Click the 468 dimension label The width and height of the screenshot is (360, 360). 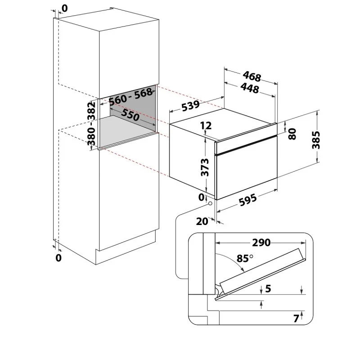pos(252,76)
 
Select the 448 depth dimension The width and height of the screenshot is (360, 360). pos(250,88)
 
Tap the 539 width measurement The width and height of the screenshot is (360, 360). pos(190,105)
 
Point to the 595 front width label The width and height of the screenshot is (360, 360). pos(248,200)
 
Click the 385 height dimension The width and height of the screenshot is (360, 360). pos(316,140)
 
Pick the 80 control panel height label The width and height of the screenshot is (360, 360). pos(292,134)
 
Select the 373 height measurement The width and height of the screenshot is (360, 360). pos(205,167)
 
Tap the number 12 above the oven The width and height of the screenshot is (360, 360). pos(206,126)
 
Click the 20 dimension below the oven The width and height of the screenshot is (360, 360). pos(202,221)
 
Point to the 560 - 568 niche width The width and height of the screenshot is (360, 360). pos(130,96)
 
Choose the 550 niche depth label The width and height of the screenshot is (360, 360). pos(130,115)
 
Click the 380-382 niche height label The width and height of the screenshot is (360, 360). pos(91,124)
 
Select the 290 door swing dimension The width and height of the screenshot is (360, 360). pos(261,243)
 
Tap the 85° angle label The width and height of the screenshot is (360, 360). pos(245,258)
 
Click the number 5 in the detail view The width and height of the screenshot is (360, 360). pos(268,288)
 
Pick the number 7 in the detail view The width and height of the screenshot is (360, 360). pos(297,319)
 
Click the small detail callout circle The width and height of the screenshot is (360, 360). pos(210,204)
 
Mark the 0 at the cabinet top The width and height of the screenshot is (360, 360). pos(65,8)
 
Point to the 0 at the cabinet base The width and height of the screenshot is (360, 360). pos(58,258)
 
